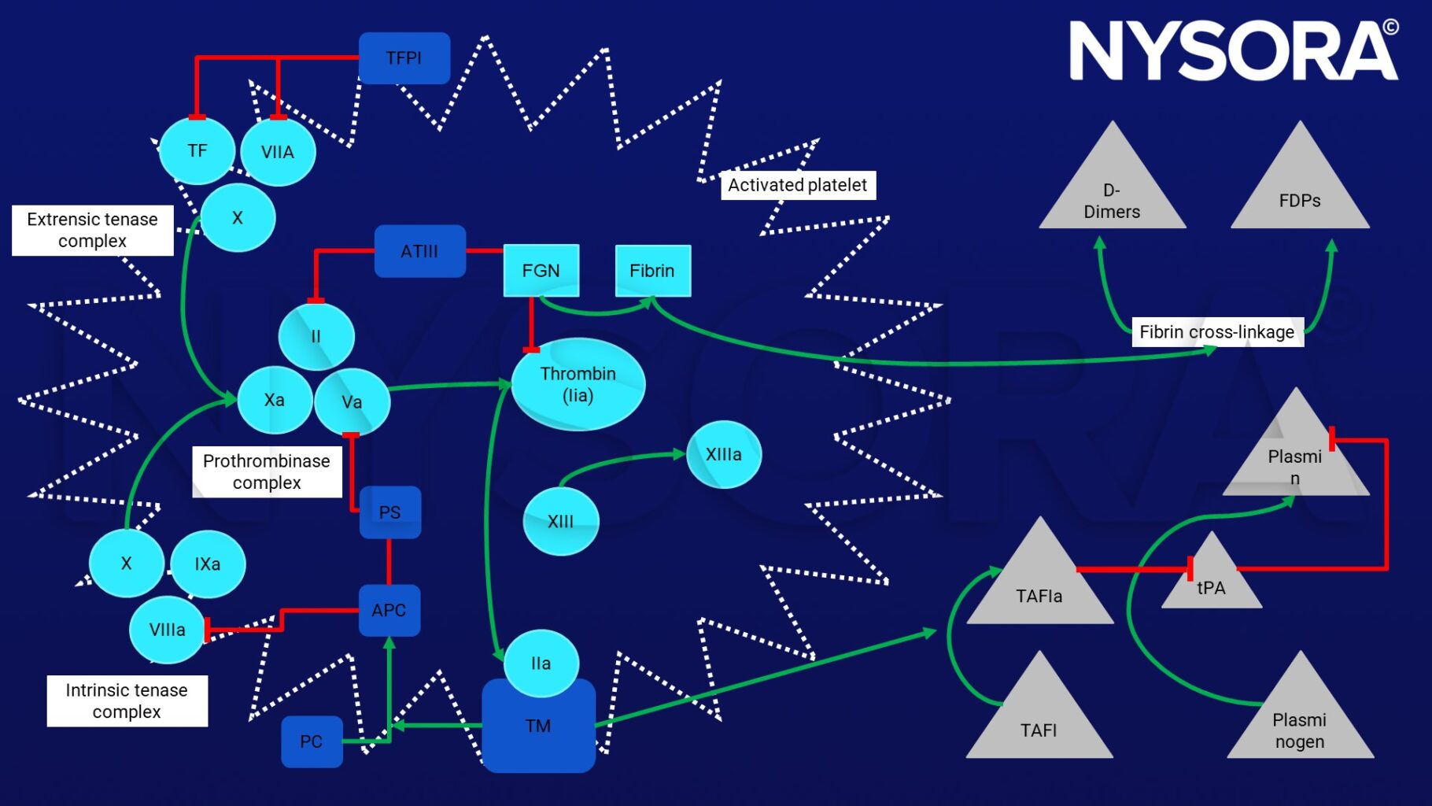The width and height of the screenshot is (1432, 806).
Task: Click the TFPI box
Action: [404, 58]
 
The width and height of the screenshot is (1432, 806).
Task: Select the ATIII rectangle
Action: [419, 251]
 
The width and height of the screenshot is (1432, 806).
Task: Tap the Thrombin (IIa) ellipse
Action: [578, 384]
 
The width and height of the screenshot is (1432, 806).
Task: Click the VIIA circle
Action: [278, 152]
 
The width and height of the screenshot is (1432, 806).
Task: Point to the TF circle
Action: [197, 150]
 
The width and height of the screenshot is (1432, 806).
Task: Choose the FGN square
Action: [541, 271]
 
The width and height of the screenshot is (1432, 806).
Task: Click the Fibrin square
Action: [652, 271]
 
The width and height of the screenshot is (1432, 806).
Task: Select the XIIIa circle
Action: [724, 454]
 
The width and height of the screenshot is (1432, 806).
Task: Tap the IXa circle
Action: [208, 564]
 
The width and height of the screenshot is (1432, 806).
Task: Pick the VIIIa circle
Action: [168, 630]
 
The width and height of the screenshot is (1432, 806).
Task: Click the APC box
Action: [389, 610]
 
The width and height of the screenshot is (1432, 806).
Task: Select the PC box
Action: [312, 741]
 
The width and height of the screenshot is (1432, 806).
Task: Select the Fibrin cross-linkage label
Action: [1216, 332]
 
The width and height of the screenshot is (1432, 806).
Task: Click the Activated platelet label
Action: [797, 185]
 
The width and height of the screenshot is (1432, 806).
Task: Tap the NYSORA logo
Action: [1233, 50]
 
